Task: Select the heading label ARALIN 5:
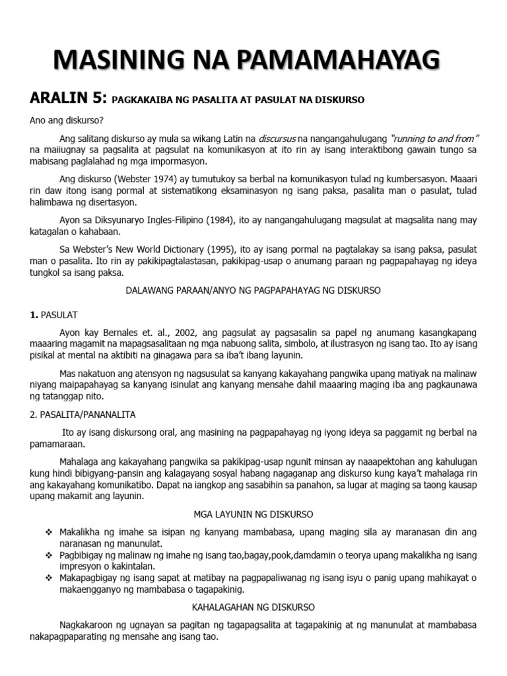pyautogui.click(x=67, y=99)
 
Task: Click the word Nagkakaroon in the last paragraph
pyautogui.click(x=89, y=625)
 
